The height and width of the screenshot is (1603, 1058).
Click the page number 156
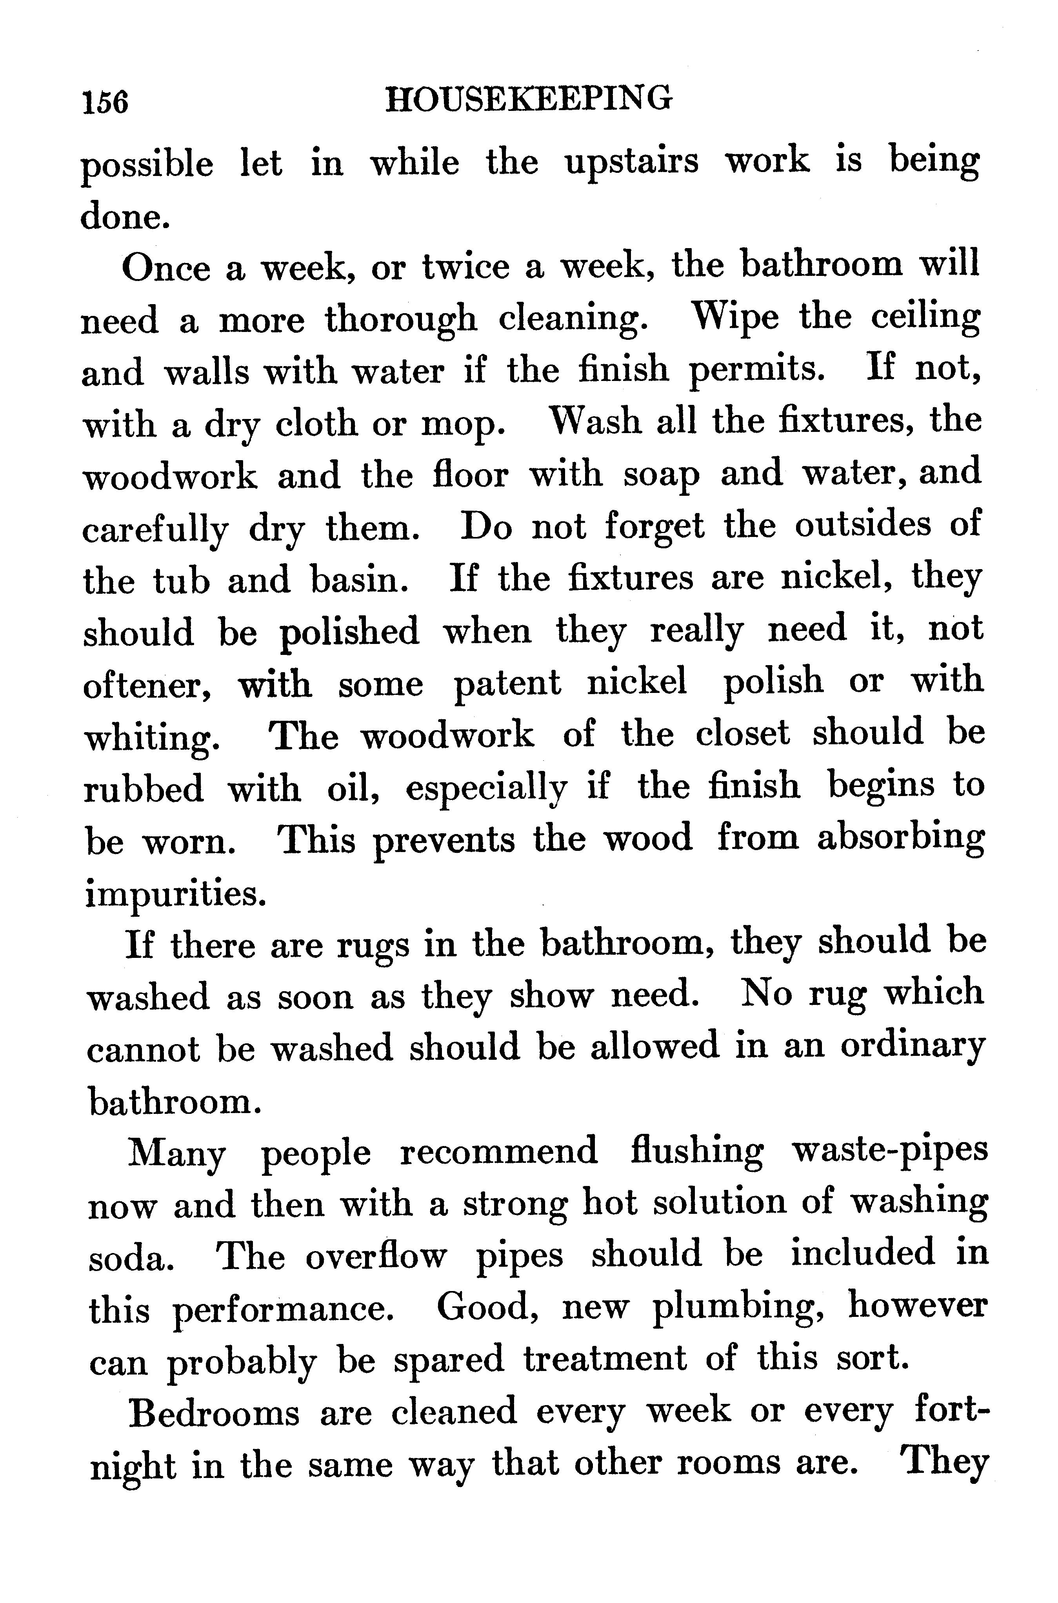click(105, 103)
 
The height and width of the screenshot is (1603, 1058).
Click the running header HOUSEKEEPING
click(528, 99)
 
